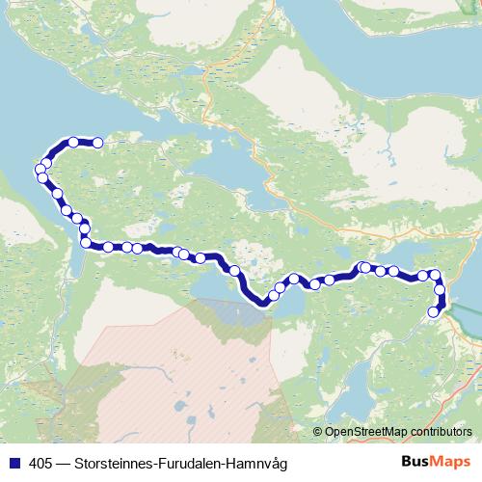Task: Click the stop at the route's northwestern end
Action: [x=97, y=143]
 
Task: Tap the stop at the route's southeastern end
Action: [x=434, y=310]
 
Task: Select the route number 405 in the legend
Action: [x=40, y=463]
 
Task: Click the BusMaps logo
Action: [x=435, y=462]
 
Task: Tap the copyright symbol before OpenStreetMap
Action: [x=317, y=431]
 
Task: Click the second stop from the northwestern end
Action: [x=74, y=143]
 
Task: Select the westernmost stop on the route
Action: [x=40, y=171]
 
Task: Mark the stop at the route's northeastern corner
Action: [x=434, y=275]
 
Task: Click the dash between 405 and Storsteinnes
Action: [x=62, y=463]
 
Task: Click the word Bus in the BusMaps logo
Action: [x=415, y=462]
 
